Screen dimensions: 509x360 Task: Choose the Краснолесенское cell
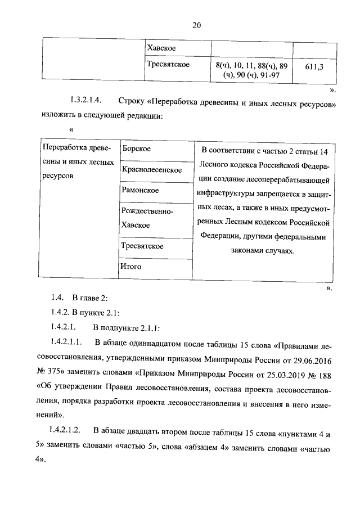click(x=151, y=169)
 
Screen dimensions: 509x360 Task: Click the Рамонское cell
click(x=140, y=190)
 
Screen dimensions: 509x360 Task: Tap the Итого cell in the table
click(x=131, y=266)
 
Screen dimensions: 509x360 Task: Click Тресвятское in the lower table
click(x=142, y=246)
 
